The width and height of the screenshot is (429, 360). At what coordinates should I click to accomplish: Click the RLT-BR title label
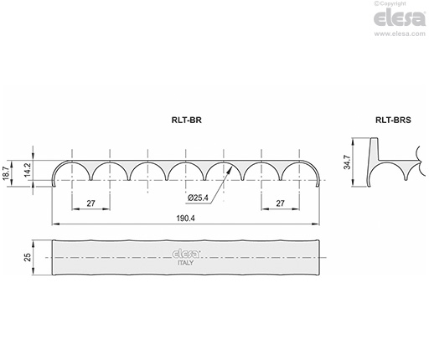pyautogui.click(x=186, y=120)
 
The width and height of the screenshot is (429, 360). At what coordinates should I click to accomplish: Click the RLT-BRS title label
pyautogui.click(x=393, y=120)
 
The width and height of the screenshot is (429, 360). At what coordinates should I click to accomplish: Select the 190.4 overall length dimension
pyautogui.click(x=185, y=218)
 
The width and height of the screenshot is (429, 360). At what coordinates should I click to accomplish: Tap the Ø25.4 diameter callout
pyautogui.click(x=198, y=198)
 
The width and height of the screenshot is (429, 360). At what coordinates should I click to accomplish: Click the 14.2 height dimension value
pyautogui.click(x=28, y=170)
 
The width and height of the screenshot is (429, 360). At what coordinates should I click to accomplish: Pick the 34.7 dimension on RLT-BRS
pyautogui.click(x=347, y=162)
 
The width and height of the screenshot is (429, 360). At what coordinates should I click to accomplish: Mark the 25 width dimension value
pyautogui.click(x=28, y=257)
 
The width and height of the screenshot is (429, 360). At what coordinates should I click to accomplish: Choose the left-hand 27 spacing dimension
pyautogui.click(x=90, y=203)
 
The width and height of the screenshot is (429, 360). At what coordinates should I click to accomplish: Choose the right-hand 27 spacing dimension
pyautogui.click(x=280, y=203)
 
